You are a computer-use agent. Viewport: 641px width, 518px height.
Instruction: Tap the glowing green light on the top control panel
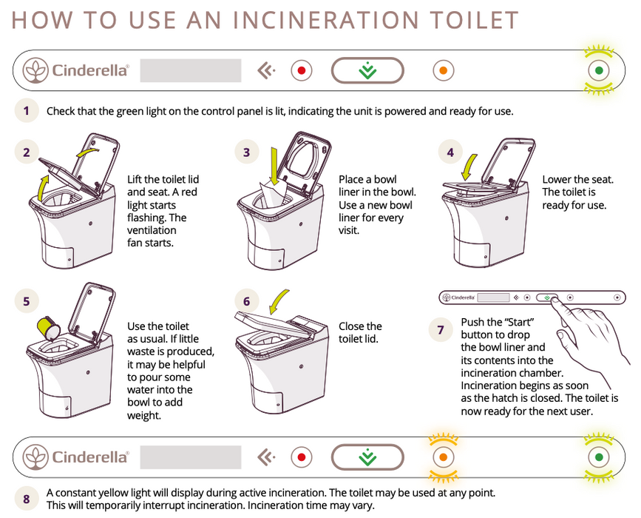click(x=600, y=71)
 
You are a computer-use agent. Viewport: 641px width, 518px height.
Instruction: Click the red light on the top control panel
click(x=301, y=71)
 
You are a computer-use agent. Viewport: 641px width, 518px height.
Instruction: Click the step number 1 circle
click(x=26, y=112)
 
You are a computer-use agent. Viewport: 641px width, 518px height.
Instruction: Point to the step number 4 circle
click(x=450, y=153)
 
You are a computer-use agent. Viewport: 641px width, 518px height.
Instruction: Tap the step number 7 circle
click(x=441, y=330)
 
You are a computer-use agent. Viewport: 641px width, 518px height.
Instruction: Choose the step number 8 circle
click(x=26, y=499)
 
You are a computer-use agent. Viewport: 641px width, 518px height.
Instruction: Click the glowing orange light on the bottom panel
click(x=442, y=457)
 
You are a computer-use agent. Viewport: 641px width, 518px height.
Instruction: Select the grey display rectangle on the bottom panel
click(x=191, y=457)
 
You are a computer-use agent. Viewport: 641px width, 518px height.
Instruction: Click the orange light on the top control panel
click(x=442, y=71)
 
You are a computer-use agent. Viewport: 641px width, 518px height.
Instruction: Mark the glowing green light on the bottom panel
click(x=600, y=457)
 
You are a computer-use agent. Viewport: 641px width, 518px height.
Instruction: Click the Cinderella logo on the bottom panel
click(x=77, y=457)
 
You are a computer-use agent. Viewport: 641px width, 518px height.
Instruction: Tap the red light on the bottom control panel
click(x=301, y=457)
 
